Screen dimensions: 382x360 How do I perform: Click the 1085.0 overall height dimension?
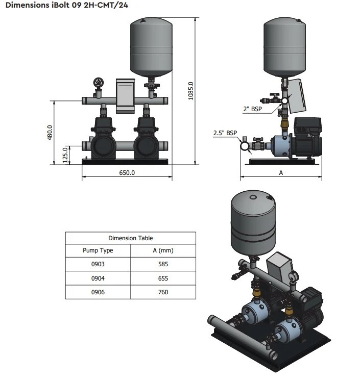point(191,91)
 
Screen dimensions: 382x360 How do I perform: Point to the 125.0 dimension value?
point(64,154)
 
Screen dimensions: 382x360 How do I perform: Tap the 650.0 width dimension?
point(127,173)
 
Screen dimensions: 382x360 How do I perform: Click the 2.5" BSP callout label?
point(225,133)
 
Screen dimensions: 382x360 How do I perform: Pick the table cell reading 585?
point(163,264)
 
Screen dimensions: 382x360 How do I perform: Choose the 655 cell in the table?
point(163,278)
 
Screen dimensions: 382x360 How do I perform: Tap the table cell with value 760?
point(163,292)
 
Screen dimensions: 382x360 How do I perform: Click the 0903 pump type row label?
point(98,264)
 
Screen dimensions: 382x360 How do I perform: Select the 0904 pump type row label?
point(98,278)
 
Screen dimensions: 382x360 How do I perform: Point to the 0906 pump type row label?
point(98,292)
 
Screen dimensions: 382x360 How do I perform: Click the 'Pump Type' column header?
point(98,250)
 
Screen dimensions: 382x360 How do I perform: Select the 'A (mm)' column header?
point(163,250)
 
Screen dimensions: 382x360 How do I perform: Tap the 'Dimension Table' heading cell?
point(130,238)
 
